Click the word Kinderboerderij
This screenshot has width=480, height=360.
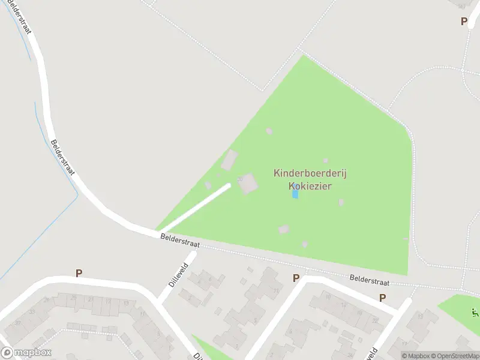tap(310, 173)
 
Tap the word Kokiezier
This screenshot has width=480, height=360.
tap(310, 186)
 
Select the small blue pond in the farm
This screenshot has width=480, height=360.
tap(295, 194)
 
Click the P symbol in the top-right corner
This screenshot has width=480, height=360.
tap(463, 21)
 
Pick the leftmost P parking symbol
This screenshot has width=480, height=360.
tap(79, 273)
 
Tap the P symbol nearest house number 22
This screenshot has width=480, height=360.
tap(382, 298)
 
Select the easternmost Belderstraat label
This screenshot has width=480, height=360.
tap(370, 280)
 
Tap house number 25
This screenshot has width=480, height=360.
tap(73, 298)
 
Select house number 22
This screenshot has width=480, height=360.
tap(374, 321)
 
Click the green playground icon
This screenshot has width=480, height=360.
tap(475, 312)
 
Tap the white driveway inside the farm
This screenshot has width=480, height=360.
tap(197, 207)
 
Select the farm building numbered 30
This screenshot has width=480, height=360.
tap(248, 183)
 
